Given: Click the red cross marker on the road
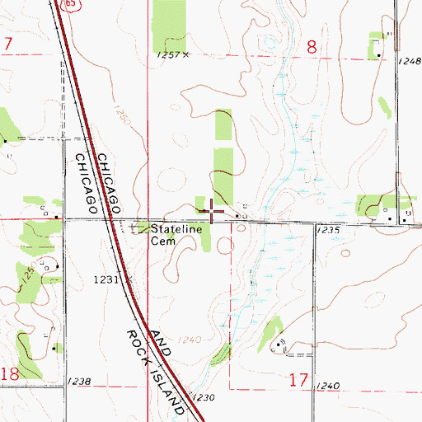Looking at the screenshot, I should [213, 213].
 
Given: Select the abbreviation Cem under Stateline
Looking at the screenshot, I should [158, 242].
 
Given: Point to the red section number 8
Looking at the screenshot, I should [312, 48].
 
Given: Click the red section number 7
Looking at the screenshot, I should [7, 43].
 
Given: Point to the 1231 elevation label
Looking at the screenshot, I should [107, 279].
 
